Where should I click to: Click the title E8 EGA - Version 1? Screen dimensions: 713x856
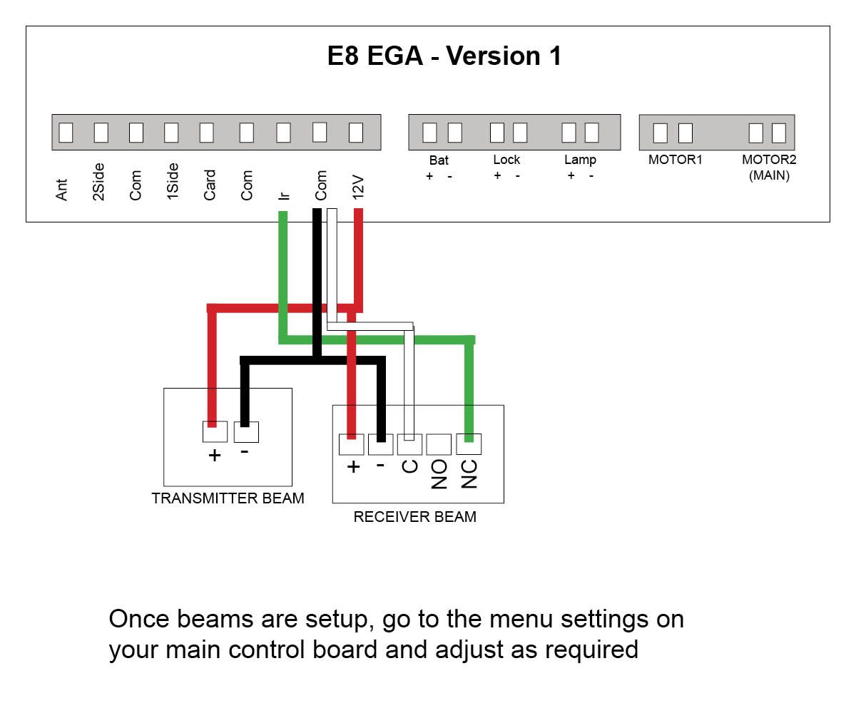(x=444, y=56)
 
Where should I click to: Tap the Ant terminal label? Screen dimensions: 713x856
(x=62, y=189)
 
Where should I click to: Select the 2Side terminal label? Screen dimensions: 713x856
(x=99, y=182)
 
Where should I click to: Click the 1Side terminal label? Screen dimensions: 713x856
(x=173, y=182)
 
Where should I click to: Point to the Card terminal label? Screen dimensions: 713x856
(x=210, y=185)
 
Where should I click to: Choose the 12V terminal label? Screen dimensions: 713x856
(x=358, y=186)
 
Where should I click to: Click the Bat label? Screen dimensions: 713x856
(x=439, y=160)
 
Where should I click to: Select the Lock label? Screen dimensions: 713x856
(x=506, y=160)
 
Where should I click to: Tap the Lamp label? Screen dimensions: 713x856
(x=580, y=160)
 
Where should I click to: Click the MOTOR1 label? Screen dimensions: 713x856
(x=675, y=160)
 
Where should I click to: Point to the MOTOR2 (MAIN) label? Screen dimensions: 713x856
(x=769, y=167)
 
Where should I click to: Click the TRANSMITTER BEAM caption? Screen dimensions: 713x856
(x=228, y=498)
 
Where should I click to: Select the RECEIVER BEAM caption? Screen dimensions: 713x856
(x=414, y=517)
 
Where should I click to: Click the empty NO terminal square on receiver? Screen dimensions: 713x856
(x=439, y=444)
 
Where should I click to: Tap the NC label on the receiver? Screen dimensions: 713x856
(x=469, y=474)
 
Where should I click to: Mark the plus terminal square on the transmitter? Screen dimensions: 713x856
(x=215, y=431)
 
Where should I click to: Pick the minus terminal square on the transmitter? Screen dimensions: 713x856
(x=246, y=431)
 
